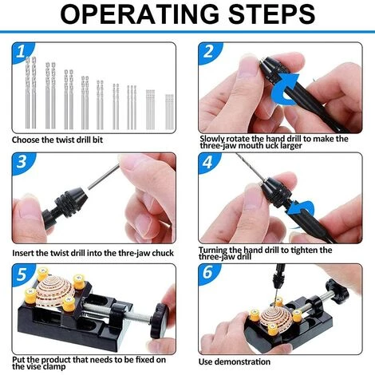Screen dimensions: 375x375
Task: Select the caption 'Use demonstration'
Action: (238, 361)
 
